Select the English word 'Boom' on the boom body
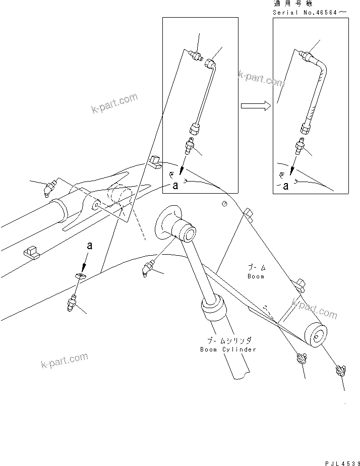click(256, 276)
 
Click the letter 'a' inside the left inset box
click(175, 186)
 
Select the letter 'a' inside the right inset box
click(286, 186)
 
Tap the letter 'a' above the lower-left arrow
click(90, 246)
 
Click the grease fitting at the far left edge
click(49, 189)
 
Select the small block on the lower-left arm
click(31, 252)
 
